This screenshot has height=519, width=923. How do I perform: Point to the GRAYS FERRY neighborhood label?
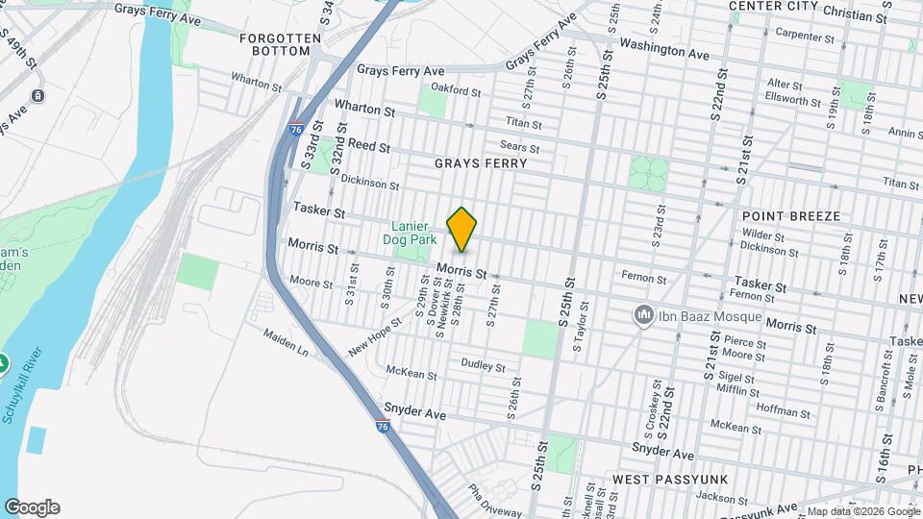(480, 163)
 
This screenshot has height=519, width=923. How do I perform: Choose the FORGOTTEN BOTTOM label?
(280, 44)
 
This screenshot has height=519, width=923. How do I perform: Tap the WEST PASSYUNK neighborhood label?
(669, 479)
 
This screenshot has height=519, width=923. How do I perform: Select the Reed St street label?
(368, 146)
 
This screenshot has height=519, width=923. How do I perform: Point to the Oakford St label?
(456, 90)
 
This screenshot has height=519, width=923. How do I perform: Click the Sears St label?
(519, 148)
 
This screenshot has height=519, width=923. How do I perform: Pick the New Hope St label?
(372, 341)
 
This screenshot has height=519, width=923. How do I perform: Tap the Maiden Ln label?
(288, 342)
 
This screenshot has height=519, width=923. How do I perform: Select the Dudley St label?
(483, 365)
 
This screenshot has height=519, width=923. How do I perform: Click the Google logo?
(32, 507)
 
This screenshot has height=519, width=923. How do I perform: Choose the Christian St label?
(856, 17)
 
